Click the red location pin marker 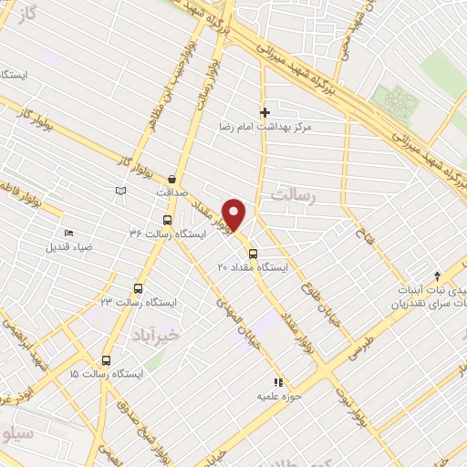coord(235,214)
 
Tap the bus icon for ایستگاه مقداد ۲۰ coord(253,254)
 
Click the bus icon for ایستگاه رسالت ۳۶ coord(166,220)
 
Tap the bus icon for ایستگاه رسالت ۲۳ coord(138,288)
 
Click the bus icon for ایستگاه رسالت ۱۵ coord(107,360)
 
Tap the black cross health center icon coord(265,113)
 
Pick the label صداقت coord(171,192)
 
